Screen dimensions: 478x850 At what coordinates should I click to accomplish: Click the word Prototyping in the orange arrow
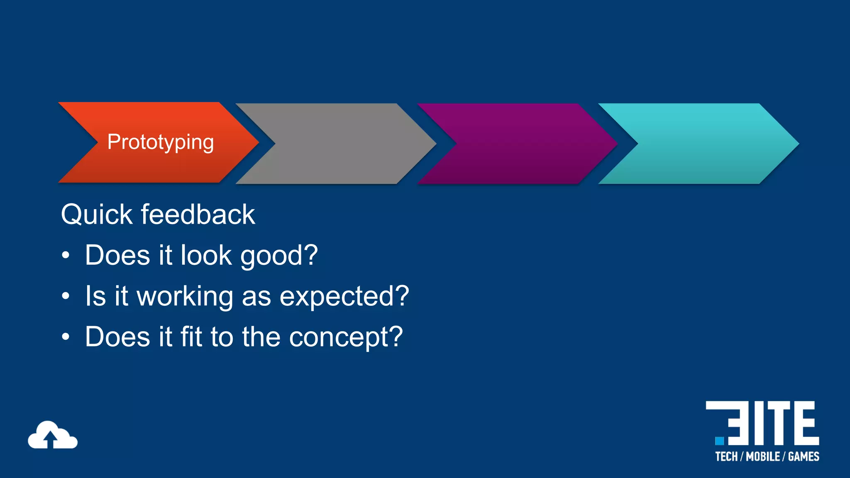161,142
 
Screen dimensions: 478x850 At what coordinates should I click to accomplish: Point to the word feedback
198,215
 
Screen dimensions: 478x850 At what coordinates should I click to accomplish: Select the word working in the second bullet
185,297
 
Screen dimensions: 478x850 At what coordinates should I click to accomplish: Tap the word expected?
344,297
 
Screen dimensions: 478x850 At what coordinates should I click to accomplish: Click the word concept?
346,337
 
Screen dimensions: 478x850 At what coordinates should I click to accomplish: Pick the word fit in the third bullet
191,336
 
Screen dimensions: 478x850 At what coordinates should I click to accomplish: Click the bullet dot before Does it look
66,256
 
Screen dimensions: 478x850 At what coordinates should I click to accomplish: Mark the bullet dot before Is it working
66,296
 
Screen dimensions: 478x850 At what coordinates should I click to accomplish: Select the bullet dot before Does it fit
66,337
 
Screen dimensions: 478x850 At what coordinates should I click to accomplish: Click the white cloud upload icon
52,435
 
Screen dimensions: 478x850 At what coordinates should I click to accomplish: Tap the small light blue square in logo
720,440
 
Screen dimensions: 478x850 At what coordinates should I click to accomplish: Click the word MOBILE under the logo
763,457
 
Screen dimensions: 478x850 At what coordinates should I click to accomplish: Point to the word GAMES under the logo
804,457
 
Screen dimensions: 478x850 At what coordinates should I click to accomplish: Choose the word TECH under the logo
726,457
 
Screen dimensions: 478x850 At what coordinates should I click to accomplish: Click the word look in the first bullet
206,255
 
